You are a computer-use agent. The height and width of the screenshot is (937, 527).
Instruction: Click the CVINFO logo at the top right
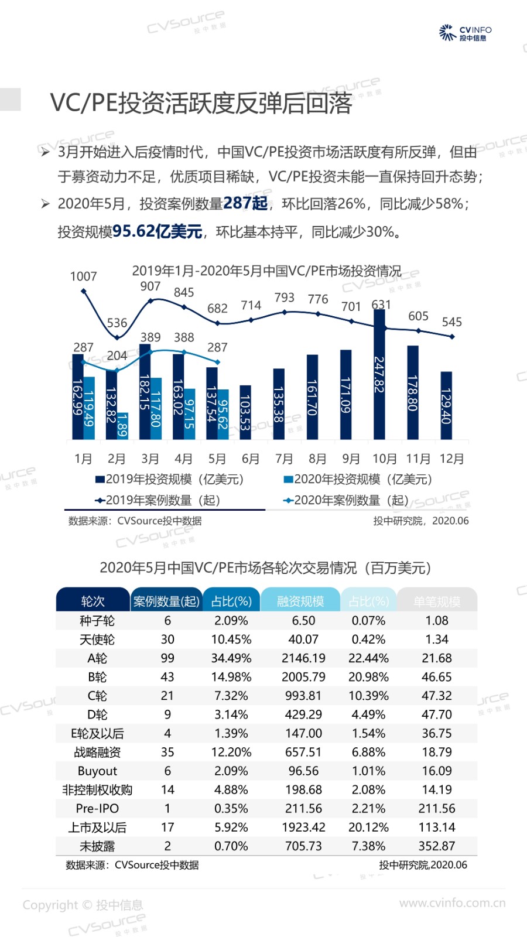(465, 33)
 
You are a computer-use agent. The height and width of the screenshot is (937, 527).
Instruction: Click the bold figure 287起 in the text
(245, 203)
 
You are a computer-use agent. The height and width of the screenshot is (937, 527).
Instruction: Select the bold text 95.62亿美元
(157, 231)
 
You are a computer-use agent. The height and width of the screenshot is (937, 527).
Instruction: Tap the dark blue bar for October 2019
(379, 375)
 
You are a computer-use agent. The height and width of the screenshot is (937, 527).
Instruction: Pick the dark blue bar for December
(446, 405)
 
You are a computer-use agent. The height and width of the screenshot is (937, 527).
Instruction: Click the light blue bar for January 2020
(89, 408)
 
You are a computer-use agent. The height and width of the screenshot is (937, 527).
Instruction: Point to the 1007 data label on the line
(83, 276)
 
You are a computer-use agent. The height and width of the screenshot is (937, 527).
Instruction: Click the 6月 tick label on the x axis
(251, 459)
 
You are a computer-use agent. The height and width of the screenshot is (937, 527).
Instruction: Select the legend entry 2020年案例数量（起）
(345, 500)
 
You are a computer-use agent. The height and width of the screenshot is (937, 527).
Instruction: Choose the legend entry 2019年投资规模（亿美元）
(170, 479)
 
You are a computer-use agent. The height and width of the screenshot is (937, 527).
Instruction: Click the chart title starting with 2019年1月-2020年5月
(266, 271)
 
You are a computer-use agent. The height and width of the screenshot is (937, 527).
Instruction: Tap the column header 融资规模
(300, 601)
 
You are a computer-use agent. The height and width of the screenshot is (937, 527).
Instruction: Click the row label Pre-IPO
(97, 809)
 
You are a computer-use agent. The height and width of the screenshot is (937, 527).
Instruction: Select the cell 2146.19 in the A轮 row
(303, 658)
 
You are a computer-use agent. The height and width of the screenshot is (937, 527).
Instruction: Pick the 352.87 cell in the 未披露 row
(437, 846)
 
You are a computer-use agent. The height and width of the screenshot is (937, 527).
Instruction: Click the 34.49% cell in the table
(231, 658)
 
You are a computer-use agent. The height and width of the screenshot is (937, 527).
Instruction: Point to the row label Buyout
(97, 771)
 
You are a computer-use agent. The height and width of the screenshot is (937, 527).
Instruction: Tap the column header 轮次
(93, 601)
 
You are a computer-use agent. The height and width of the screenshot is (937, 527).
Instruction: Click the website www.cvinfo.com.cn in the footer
(452, 903)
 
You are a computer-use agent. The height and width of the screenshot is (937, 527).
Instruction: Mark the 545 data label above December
(451, 322)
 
